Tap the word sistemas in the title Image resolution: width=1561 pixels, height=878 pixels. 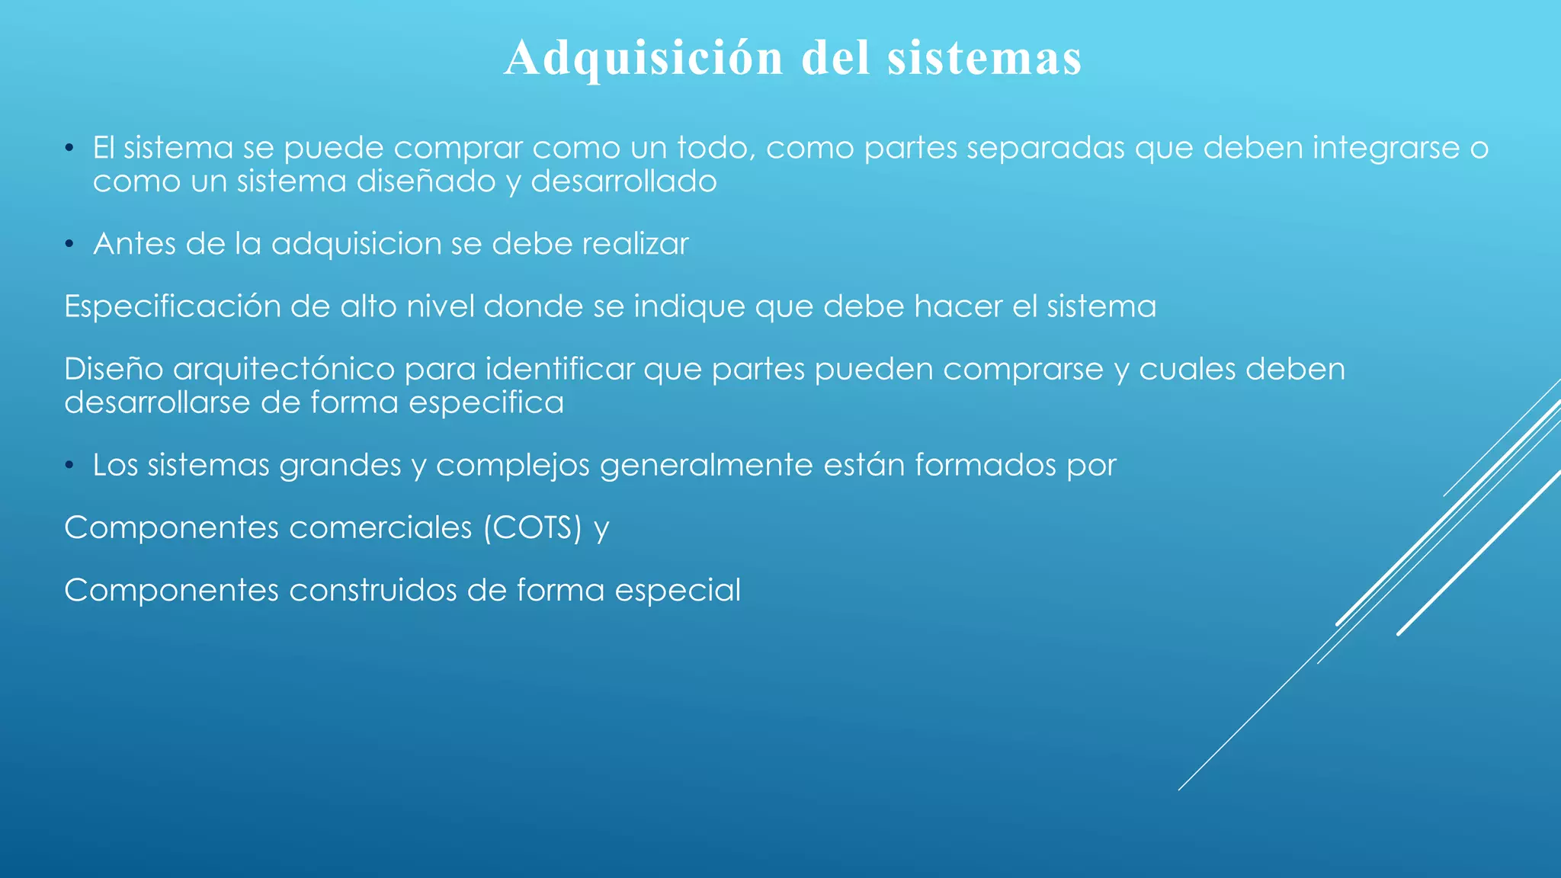pyautogui.click(x=985, y=58)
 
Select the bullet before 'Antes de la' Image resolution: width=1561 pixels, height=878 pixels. pyautogui.click(x=69, y=245)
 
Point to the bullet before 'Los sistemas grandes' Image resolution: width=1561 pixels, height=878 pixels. pyautogui.click(x=69, y=466)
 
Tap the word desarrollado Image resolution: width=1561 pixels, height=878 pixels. pyautogui.click(x=623, y=181)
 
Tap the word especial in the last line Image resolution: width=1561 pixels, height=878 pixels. pyautogui.click(x=678, y=591)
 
